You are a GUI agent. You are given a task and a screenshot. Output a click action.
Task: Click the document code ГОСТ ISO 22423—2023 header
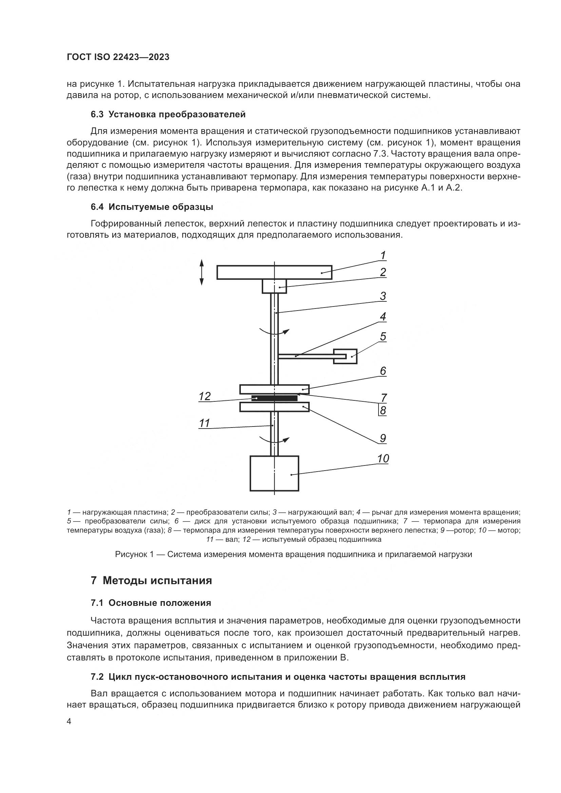[x=118, y=57]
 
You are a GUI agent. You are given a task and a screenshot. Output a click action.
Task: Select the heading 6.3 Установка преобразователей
[x=168, y=115]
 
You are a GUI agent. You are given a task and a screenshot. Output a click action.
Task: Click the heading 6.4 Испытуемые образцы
[x=152, y=207]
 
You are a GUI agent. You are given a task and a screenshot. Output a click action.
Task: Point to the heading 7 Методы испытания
[x=151, y=580]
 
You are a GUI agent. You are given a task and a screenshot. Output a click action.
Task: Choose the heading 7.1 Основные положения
[x=151, y=603]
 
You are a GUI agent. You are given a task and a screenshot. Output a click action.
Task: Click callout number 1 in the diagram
[x=383, y=256]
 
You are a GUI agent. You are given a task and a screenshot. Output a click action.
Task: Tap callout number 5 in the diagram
[x=383, y=336]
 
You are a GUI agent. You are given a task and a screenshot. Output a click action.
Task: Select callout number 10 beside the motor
[x=383, y=458]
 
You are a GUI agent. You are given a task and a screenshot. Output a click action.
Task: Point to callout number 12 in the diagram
[x=205, y=396]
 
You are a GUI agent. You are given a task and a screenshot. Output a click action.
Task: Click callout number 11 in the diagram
[x=205, y=423]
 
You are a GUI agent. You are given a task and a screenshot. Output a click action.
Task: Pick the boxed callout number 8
[x=383, y=411]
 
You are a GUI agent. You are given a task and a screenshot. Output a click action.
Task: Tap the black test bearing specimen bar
[x=274, y=398]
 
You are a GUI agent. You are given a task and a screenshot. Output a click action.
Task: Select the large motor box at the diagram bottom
[x=274, y=473]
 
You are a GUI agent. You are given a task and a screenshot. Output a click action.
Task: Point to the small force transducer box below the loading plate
[x=274, y=286]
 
